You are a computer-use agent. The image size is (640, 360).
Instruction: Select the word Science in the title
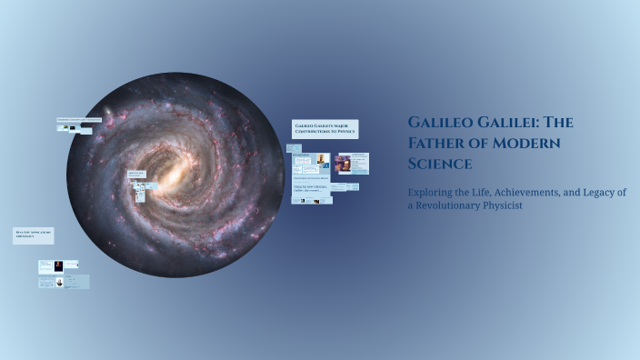click(440, 164)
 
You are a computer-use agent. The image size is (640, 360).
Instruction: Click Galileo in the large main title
click(442, 122)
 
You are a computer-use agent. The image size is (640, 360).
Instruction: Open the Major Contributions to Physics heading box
click(325, 128)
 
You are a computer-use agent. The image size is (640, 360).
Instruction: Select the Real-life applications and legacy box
click(33, 235)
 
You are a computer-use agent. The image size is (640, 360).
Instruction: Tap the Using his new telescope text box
click(312, 188)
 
